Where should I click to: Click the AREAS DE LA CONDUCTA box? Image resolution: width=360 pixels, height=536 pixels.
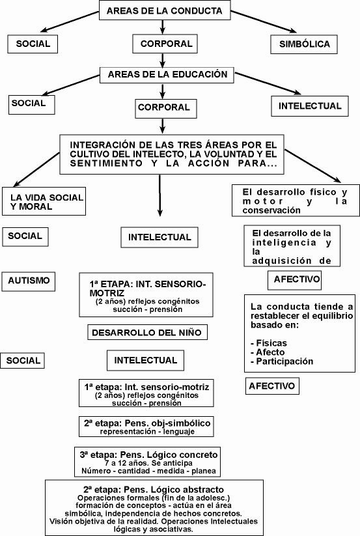coord(165,10)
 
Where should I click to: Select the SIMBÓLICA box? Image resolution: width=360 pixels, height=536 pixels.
coord(304,44)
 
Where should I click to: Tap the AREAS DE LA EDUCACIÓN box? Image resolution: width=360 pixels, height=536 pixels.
coord(167,75)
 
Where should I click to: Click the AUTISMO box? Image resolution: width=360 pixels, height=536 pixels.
coord(29,281)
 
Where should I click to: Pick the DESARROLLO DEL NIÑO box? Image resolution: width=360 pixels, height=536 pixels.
coord(147,332)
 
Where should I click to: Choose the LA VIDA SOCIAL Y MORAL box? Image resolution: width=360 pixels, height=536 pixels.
coord(44,201)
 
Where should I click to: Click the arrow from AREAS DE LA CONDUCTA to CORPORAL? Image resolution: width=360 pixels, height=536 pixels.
coord(163,27)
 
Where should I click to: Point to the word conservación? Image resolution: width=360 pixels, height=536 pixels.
coord(271,210)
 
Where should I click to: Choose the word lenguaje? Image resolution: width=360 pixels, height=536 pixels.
coord(178,432)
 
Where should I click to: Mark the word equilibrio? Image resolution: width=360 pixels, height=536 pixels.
coord(332,316)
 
